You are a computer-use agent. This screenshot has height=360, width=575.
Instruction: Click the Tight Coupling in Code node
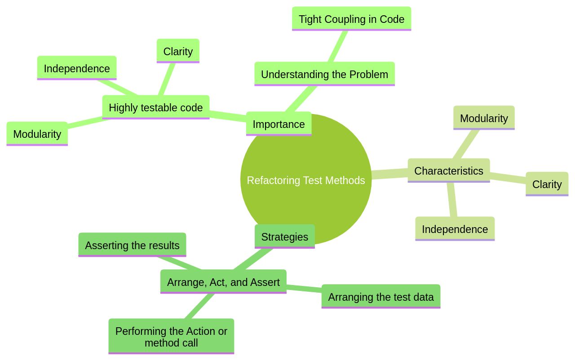pyautogui.click(x=351, y=19)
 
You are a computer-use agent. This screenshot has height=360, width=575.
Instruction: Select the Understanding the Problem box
pyautogui.click(x=324, y=74)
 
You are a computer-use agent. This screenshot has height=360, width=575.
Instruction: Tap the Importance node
pyautogui.click(x=279, y=124)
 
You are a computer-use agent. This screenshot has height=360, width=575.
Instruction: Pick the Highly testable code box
pyautogui.click(x=155, y=107)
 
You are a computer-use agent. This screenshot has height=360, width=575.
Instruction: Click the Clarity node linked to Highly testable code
pyautogui.click(x=178, y=51)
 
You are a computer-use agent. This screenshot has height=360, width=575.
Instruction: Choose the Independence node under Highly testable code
pyautogui.click(x=77, y=68)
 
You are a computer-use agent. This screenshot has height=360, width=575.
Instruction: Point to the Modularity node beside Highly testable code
pyautogui.click(x=37, y=134)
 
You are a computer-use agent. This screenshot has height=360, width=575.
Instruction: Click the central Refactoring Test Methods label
pyautogui.click(x=306, y=180)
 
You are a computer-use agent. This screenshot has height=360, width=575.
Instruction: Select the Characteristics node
pyautogui.click(x=448, y=171)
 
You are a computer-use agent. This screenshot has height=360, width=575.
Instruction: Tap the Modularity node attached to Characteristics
pyautogui.click(x=484, y=118)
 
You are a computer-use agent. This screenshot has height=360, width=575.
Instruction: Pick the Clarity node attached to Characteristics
pyautogui.click(x=547, y=184)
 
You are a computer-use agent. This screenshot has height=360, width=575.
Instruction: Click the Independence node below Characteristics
pyautogui.click(x=455, y=229)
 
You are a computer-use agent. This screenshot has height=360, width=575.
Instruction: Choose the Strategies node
pyautogui.click(x=284, y=237)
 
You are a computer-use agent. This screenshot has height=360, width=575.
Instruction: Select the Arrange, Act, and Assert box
pyautogui.click(x=223, y=282)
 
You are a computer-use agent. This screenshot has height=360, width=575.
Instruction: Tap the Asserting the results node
pyautogui.click(x=132, y=245)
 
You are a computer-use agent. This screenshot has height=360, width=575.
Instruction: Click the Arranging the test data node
pyautogui.click(x=380, y=297)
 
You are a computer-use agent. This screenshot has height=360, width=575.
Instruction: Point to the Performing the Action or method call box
pyautogui.click(x=171, y=337)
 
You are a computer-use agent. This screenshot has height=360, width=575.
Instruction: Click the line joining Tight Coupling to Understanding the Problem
pyautogui.click(x=338, y=46)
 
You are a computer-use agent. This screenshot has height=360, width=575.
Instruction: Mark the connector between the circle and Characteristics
pyautogui.click(x=389, y=174)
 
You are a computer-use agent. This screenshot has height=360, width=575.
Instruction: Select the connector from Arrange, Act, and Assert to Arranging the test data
pyautogui.click(x=304, y=289)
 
